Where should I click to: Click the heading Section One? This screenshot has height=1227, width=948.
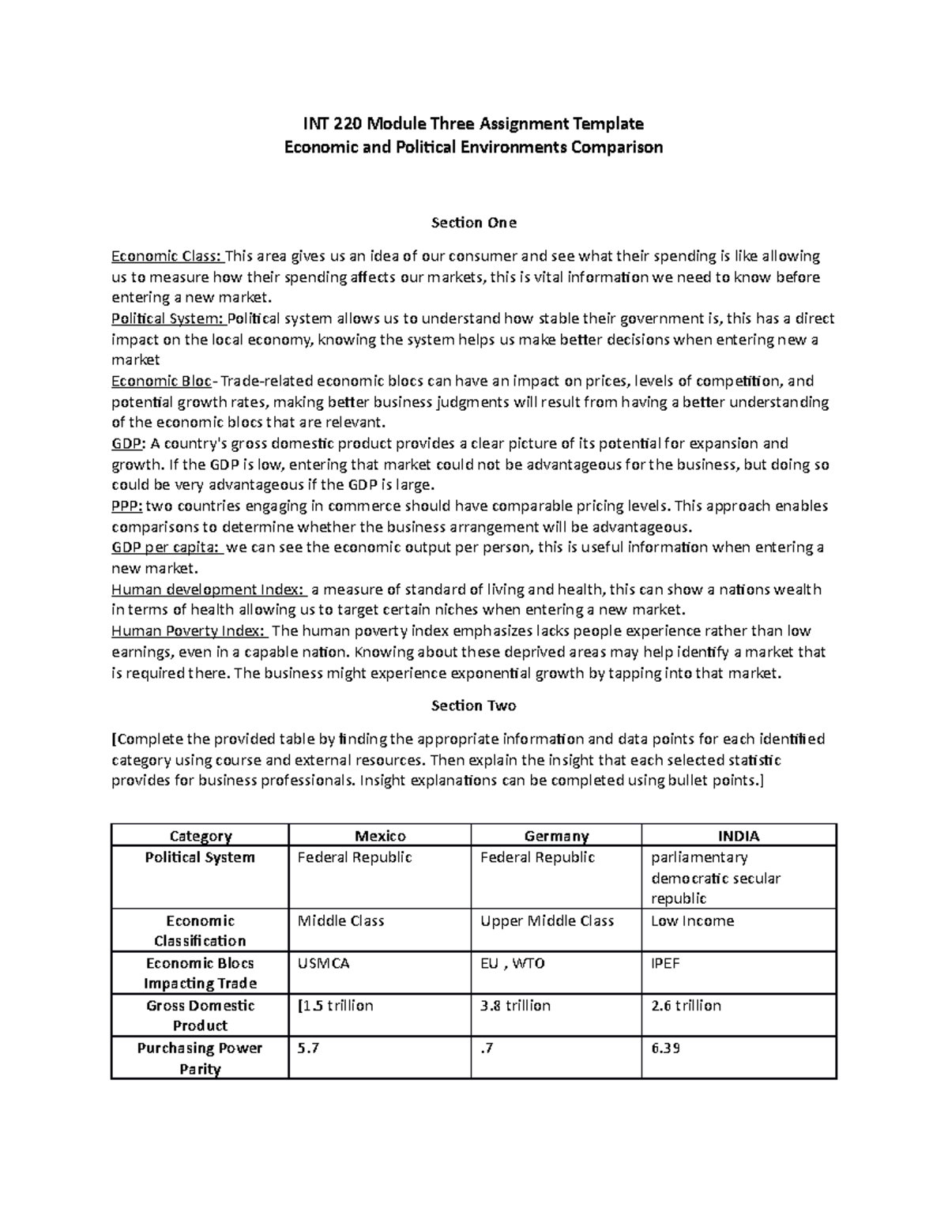click(x=473, y=223)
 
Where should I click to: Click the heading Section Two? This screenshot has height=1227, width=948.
click(x=473, y=706)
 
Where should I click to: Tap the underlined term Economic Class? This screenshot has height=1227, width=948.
click(x=167, y=256)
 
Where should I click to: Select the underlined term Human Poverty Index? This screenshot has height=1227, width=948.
click(x=190, y=631)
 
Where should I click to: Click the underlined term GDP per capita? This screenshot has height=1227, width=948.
click(x=167, y=548)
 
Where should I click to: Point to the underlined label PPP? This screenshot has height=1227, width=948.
click(x=127, y=506)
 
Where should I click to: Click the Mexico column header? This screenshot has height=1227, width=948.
click(x=380, y=836)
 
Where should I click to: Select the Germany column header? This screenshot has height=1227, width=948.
click(x=556, y=836)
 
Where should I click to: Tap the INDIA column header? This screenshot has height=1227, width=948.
click(x=739, y=836)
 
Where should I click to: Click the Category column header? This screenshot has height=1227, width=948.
click(x=201, y=836)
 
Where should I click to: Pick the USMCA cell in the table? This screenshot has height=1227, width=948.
click(x=323, y=963)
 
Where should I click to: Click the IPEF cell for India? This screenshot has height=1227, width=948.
click(x=665, y=963)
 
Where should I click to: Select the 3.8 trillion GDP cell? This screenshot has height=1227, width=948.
click(x=515, y=1006)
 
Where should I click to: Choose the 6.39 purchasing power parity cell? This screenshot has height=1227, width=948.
click(x=666, y=1048)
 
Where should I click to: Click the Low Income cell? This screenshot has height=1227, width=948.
click(x=692, y=921)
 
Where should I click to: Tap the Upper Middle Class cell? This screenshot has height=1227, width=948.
click(x=547, y=921)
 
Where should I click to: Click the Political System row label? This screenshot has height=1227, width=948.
click(x=200, y=858)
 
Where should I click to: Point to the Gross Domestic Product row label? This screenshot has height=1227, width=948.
click(x=200, y=1015)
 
